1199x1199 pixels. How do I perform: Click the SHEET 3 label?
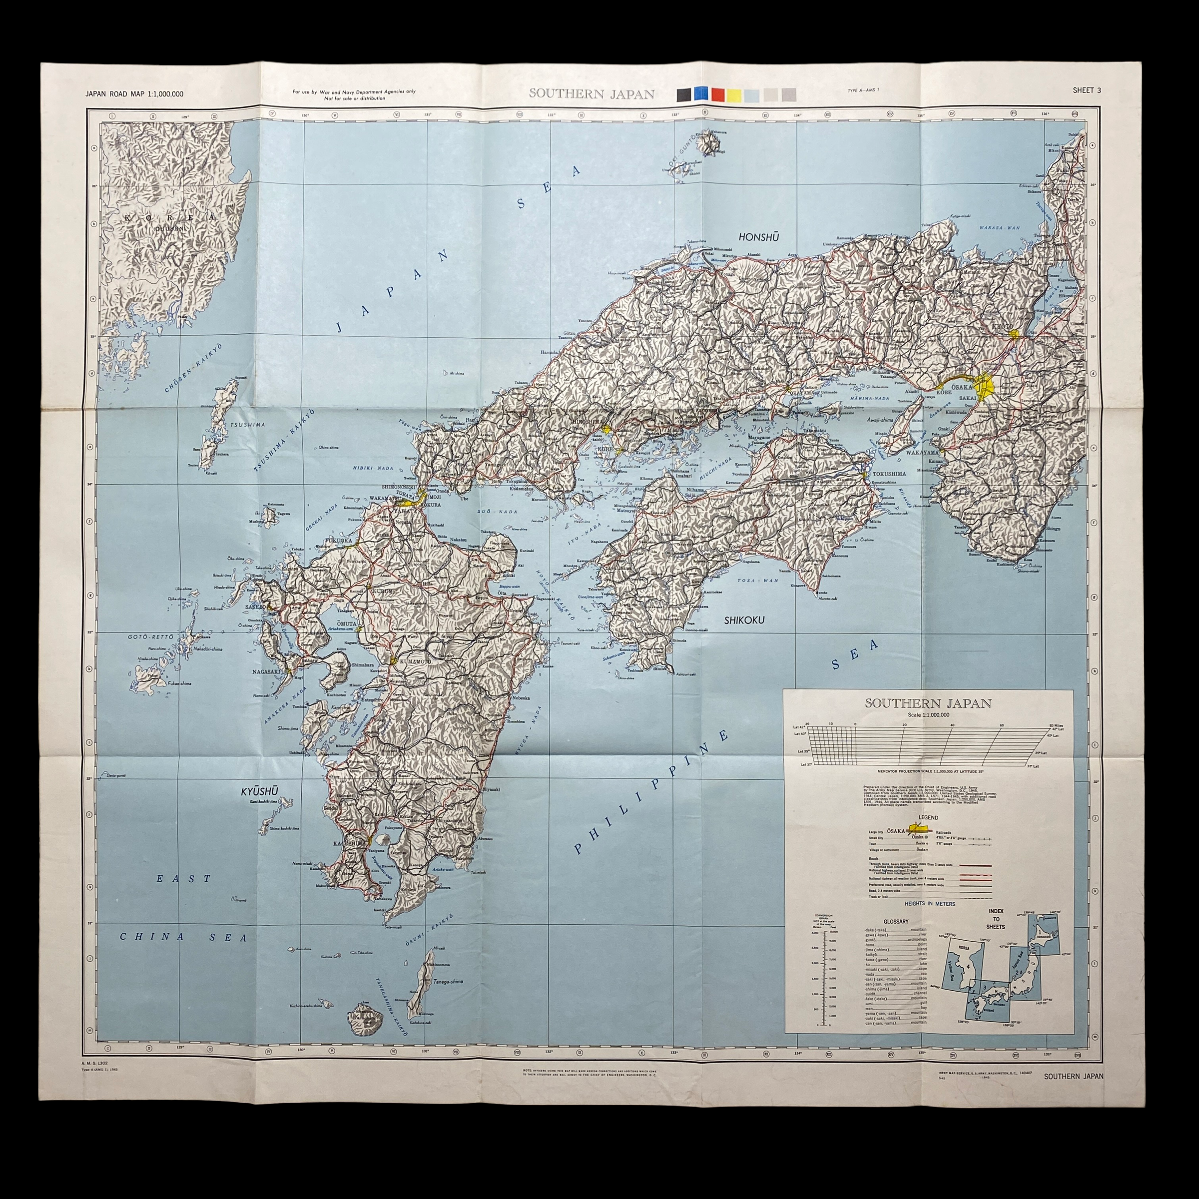tap(1087, 90)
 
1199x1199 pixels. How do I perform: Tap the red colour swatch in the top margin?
tap(718, 94)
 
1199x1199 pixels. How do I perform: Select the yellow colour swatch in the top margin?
tap(735, 94)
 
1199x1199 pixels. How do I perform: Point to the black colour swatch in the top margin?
tap(683, 94)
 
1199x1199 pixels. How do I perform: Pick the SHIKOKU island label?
tap(744, 620)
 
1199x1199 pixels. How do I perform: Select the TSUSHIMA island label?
tap(248, 425)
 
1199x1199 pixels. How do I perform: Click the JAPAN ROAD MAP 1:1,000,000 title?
tap(135, 94)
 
